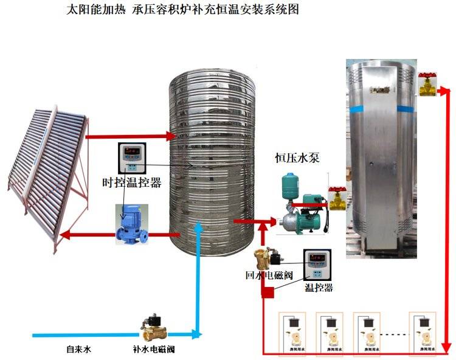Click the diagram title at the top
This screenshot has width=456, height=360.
pos(182,11)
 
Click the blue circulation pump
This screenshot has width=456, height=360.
pos(130,224)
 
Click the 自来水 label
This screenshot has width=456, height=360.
pos(78,349)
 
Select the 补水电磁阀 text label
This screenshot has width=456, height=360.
pos(157,350)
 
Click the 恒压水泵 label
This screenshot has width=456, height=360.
pos(297,159)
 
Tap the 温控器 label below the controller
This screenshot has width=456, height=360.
pos(319,288)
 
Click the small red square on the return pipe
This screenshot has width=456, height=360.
pos(268,293)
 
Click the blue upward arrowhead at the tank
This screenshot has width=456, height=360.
pos(199,227)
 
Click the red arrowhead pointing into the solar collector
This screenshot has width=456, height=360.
pos(66,234)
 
